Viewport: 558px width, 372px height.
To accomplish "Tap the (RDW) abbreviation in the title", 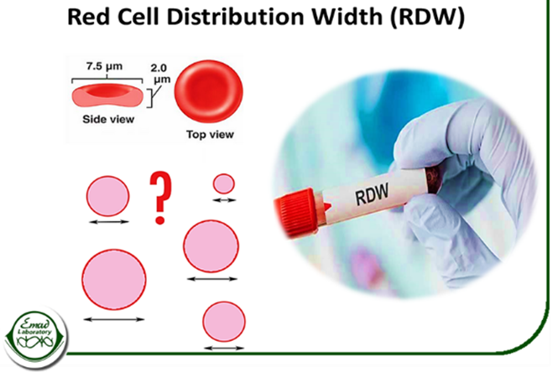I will click(x=424, y=19).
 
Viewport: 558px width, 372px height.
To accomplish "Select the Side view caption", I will click(x=107, y=119).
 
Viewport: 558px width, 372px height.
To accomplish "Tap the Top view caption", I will click(x=211, y=132).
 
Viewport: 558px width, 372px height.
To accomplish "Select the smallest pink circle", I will click(x=223, y=183).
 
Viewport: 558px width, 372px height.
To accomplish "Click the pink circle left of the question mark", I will click(x=108, y=196).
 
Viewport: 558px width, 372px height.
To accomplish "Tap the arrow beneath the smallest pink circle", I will click(x=223, y=201).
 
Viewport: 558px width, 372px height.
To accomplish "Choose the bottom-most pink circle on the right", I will click(x=224, y=322).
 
